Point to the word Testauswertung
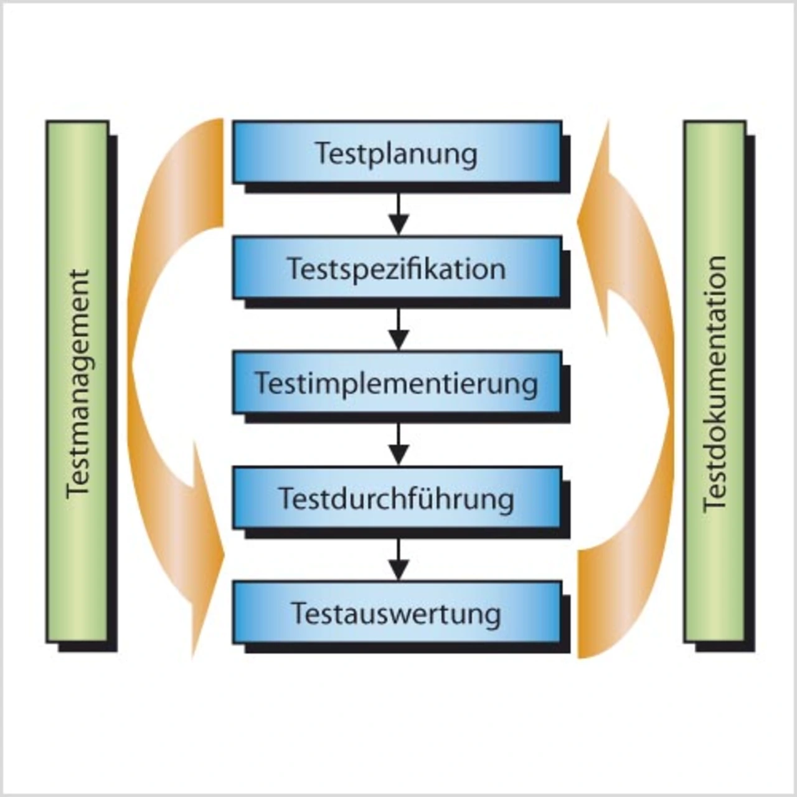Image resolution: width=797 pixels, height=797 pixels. (397, 614)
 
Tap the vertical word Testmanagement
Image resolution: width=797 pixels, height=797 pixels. (78, 383)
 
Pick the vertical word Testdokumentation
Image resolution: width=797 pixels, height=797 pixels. (715, 383)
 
